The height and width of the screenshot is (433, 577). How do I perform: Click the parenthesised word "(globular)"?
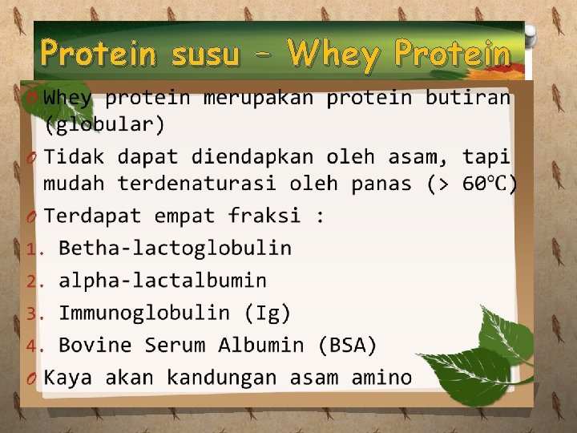click(x=104, y=125)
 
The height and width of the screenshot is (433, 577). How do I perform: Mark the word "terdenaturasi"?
click(x=200, y=184)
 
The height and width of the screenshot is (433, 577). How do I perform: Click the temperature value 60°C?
click(x=490, y=184)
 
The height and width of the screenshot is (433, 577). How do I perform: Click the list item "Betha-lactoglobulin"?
click(x=175, y=248)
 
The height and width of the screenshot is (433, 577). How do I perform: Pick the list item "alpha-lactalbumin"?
click(x=163, y=281)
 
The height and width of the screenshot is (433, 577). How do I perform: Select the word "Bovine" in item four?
click(x=95, y=346)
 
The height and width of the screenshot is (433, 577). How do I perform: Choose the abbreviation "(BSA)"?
click(x=347, y=346)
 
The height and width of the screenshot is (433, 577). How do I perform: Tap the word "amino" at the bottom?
click(x=381, y=378)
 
